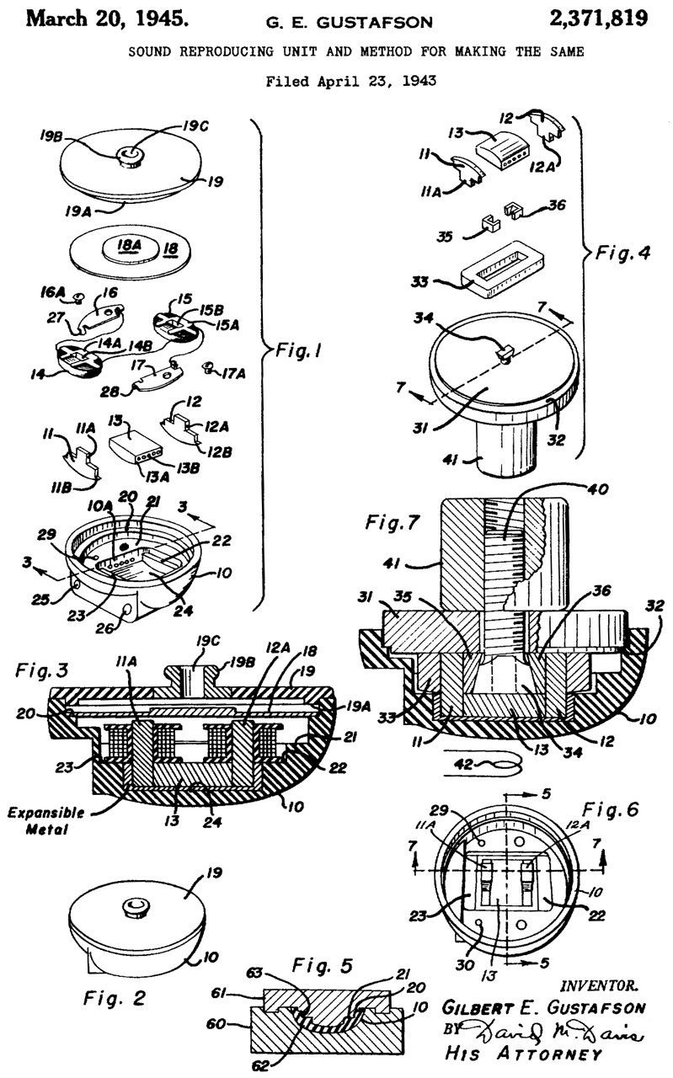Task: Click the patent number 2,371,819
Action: pyautogui.click(x=598, y=19)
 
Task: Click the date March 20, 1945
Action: pyautogui.click(x=107, y=19)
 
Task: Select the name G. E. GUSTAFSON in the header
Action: pyautogui.click(x=349, y=22)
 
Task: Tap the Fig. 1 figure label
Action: pyautogui.click(x=298, y=350)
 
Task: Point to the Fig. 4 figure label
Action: pyautogui.click(x=623, y=252)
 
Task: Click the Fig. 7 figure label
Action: pyautogui.click(x=393, y=521)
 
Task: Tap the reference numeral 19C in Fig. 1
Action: pyautogui.click(x=195, y=126)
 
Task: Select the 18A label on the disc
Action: pyautogui.click(x=130, y=245)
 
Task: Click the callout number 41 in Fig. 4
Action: pyautogui.click(x=450, y=460)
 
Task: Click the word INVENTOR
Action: pyautogui.click(x=600, y=986)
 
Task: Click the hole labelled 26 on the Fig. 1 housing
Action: pyautogui.click(x=127, y=609)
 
